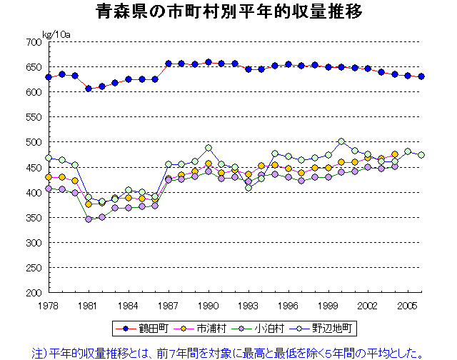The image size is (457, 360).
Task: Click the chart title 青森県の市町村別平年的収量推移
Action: point(228,12)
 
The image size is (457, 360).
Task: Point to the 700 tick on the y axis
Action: point(33,42)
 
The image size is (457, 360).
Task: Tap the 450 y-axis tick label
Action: point(33,168)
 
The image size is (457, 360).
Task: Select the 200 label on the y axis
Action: point(33,293)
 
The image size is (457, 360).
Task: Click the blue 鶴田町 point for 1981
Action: point(89,89)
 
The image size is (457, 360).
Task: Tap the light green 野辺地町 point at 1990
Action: point(208,149)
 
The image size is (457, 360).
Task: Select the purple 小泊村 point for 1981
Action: point(89,219)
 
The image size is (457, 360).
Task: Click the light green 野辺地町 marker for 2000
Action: point(341,141)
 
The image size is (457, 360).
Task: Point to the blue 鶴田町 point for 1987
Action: point(168,64)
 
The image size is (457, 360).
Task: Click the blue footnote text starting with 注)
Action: point(228,351)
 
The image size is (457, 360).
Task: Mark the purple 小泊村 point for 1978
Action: point(49,189)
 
